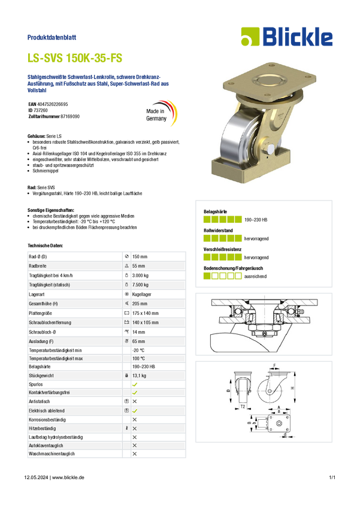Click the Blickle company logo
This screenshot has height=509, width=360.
click(287, 37)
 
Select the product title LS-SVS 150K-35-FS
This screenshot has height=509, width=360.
click(75, 58)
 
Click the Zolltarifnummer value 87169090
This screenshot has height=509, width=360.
click(70, 116)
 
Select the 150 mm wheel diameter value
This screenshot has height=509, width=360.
click(140, 256)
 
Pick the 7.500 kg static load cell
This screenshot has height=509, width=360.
click(140, 284)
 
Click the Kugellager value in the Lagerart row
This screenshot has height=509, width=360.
click(141, 295)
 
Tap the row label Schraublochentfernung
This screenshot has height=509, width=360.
click(50, 323)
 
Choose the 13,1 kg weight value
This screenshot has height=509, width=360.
click(139, 375)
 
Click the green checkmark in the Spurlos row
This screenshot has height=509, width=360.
click(135, 384)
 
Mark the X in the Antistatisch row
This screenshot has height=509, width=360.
click(135, 402)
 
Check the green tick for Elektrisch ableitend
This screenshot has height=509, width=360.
click(135, 411)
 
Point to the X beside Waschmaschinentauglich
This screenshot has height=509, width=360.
click(135, 454)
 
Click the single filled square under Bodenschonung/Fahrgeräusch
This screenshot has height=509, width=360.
click(207, 276)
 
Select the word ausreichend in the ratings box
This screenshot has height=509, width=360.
click(255, 276)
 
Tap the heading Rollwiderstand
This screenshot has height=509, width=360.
click(218, 231)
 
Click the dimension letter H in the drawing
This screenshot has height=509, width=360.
click(292, 388)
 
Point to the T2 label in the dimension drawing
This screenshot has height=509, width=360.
click(243, 407)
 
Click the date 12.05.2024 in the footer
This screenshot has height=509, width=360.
click(36, 477)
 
